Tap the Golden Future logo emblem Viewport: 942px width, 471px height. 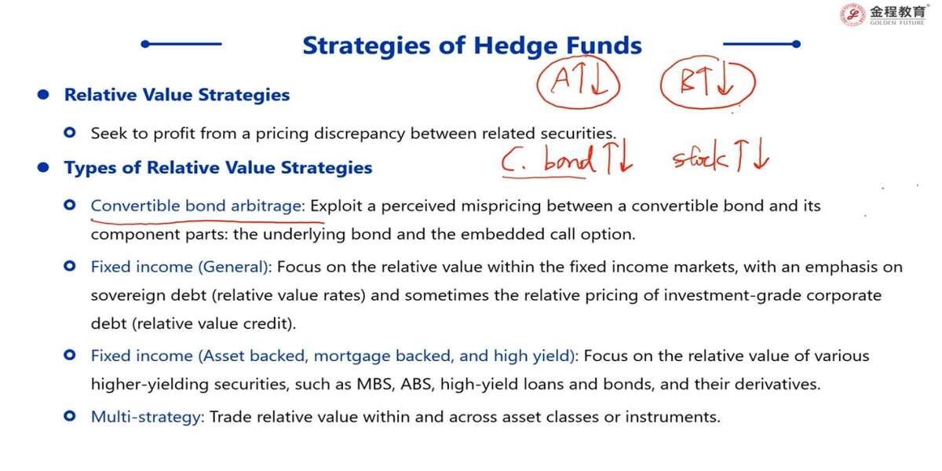coord(853,15)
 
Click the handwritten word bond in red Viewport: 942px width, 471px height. coord(569,159)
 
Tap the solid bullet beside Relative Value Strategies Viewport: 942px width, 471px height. coord(43,95)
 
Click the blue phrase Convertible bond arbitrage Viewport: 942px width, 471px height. coord(198,206)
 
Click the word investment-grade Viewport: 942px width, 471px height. coord(732,296)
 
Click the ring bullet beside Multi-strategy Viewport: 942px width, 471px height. coord(70,416)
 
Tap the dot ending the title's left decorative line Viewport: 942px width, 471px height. coord(145,44)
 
